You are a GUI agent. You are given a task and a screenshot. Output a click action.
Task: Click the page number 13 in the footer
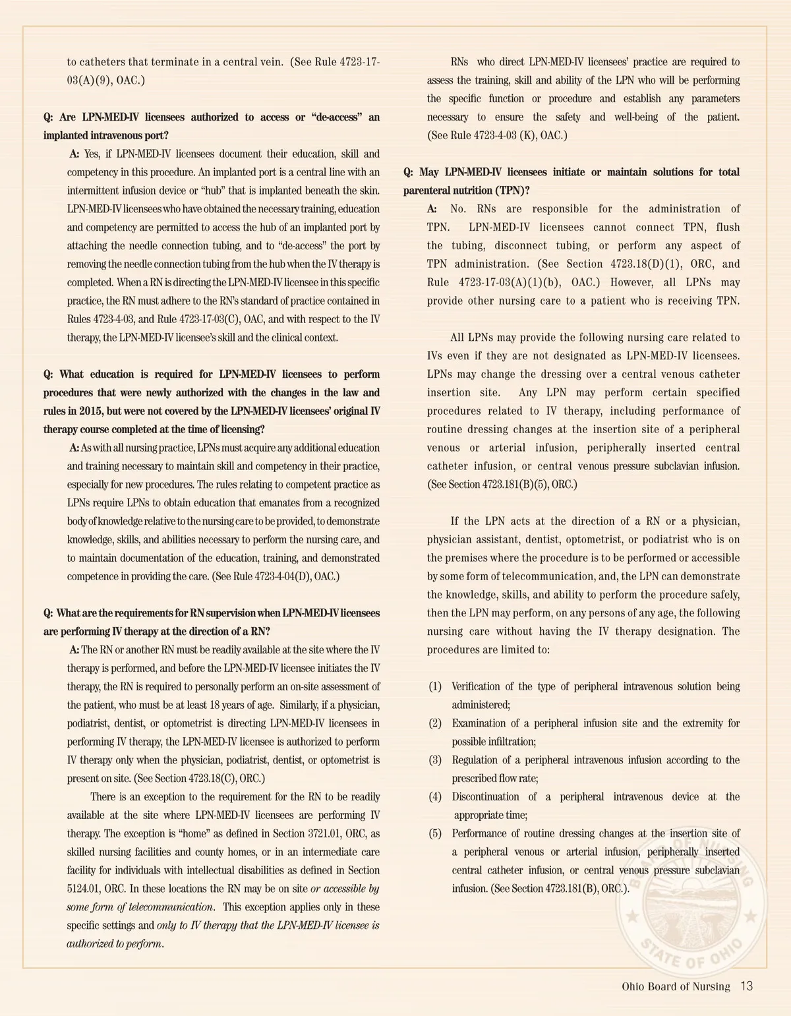tap(746, 986)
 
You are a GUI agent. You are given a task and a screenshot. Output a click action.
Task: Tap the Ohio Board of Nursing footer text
tap(676, 987)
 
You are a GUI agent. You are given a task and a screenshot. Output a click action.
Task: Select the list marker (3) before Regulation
tap(435, 760)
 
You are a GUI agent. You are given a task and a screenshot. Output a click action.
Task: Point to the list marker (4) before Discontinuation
tap(435, 797)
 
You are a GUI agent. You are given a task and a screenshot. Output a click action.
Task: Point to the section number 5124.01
tap(82, 889)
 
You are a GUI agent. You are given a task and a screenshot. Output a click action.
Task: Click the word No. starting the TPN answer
tap(458, 209)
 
